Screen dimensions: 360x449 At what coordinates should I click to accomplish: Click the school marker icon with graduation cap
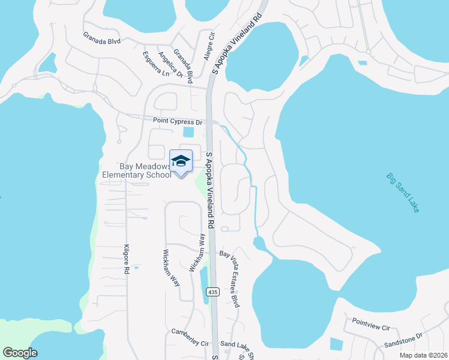[181, 162]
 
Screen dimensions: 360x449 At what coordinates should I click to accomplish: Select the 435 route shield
[212, 292]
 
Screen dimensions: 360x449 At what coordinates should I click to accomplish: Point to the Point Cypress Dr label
[178, 121]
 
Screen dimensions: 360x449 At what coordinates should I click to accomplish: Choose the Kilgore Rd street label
[126, 259]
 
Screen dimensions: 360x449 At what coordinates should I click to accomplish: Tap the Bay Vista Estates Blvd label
[231, 280]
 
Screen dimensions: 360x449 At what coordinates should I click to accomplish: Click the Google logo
[20, 352]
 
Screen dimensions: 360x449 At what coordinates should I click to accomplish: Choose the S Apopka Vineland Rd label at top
[238, 43]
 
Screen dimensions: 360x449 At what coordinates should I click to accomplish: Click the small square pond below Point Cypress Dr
[189, 132]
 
